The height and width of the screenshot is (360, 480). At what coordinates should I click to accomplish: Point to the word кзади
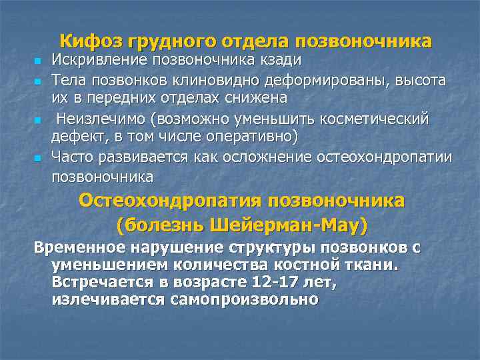point(279,61)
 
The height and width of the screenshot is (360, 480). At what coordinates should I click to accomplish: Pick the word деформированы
point(349,81)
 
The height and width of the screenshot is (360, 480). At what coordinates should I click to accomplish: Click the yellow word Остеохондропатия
point(171,201)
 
